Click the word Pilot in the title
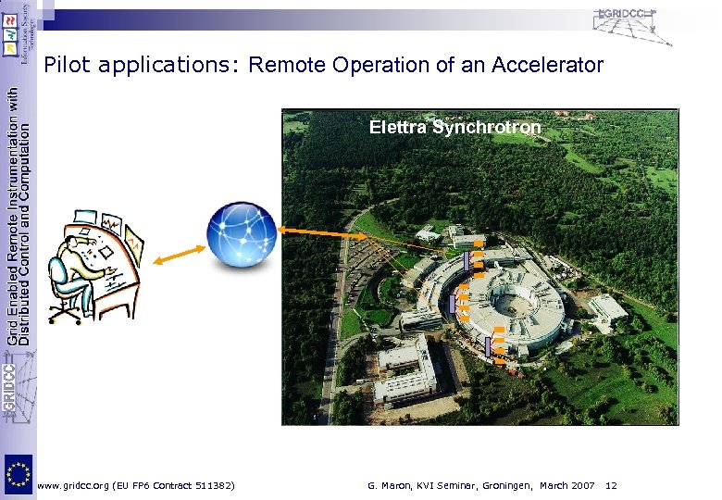[65, 66]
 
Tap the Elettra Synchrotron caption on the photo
[454, 127]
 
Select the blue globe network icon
[241, 236]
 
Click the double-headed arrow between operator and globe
[178, 254]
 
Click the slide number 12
[611, 485]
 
